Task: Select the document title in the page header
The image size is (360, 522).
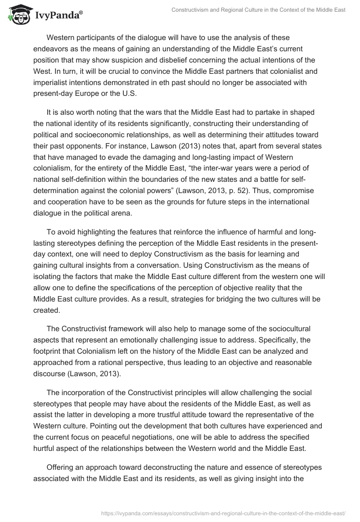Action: (x=258, y=10)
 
